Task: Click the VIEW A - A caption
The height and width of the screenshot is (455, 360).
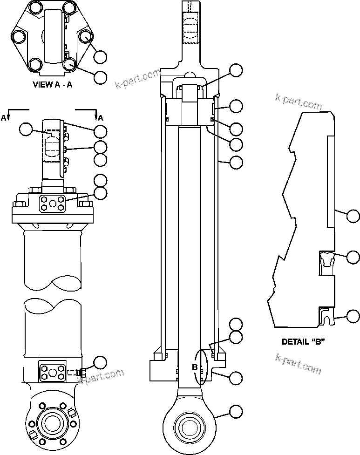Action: (52, 85)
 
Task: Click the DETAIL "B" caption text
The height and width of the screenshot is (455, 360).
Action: (303, 341)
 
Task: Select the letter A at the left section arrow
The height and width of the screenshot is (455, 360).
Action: (4, 118)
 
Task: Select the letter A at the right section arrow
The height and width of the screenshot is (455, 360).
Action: (101, 118)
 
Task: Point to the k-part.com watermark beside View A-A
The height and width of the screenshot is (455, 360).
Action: (137, 79)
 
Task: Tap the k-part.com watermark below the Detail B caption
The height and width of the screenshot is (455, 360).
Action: (299, 364)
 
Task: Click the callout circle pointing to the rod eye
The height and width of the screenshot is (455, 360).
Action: (237, 411)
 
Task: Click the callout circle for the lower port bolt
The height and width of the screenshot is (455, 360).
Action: (100, 362)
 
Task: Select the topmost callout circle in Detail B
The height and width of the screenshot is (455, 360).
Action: (353, 215)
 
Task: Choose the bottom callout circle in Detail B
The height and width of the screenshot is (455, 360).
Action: (353, 317)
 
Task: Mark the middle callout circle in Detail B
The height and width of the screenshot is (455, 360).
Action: (353, 257)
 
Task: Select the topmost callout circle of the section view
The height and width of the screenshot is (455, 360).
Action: (237, 70)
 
